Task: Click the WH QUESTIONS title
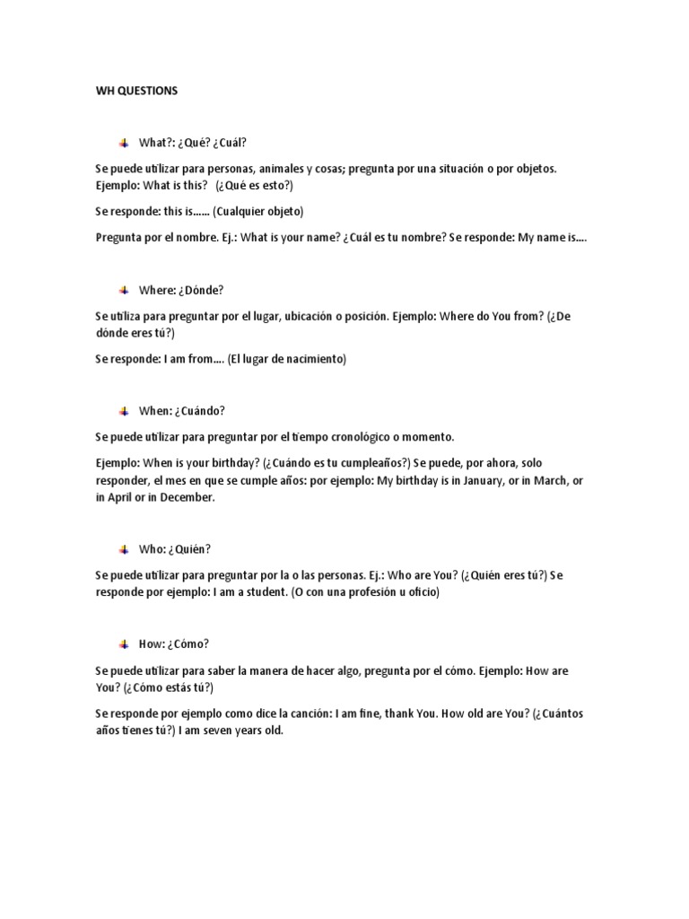coord(136,91)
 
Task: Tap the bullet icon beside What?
coord(124,143)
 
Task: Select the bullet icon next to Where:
coord(124,290)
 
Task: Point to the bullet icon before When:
coord(124,411)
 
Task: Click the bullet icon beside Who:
coord(124,549)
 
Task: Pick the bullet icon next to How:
coord(124,643)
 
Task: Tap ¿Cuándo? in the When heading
coord(200,411)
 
